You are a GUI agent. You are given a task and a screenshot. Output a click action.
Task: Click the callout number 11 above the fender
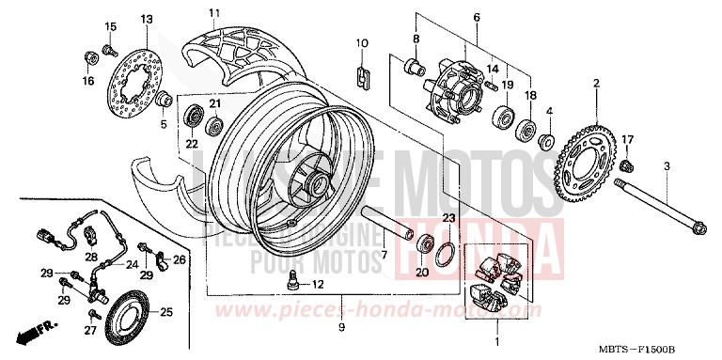click(x=213, y=13)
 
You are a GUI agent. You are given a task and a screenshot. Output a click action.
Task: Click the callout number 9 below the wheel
click(x=341, y=326)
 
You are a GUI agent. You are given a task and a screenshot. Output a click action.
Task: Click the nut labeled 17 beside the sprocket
click(x=624, y=164)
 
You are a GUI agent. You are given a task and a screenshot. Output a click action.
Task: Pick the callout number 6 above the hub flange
click(x=476, y=18)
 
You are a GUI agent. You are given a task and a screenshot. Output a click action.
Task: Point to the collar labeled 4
click(x=544, y=142)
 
